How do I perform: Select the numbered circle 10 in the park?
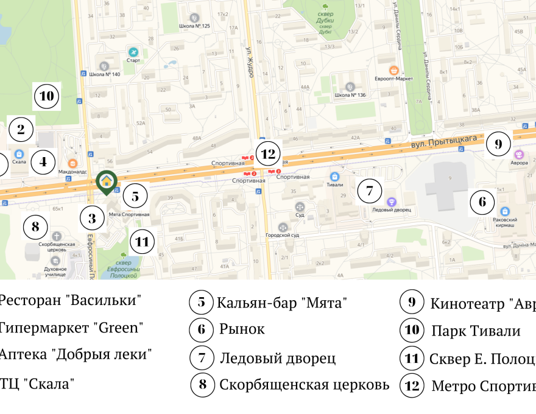pyautogui.click(x=47, y=96)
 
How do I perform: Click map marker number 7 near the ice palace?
pyautogui.click(x=369, y=191)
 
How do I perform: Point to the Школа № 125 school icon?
pyautogui.click(x=194, y=18)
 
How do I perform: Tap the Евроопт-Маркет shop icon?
pyautogui.click(x=395, y=69)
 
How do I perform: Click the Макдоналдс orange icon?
pyautogui.click(x=72, y=163)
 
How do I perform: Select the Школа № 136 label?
pyautogui.click(x=350, y=96)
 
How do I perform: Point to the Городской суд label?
pyautogui.click(x=281, y=235)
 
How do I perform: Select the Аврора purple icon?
pyautogui.click(x=520, y=154)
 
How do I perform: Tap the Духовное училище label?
pyautogui.click(x=55, y=271)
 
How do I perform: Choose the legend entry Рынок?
pyautogui.click(x=242, y=329)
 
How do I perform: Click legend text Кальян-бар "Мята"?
pyautogui.click(x=281, y=303)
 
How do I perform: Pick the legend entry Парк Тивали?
pyautogui.click(x=476, y=331)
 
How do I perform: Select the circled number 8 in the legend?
pyautogui.click(x=202, y=384)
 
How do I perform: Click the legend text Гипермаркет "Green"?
pyautogui.click(x=71, y=328)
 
